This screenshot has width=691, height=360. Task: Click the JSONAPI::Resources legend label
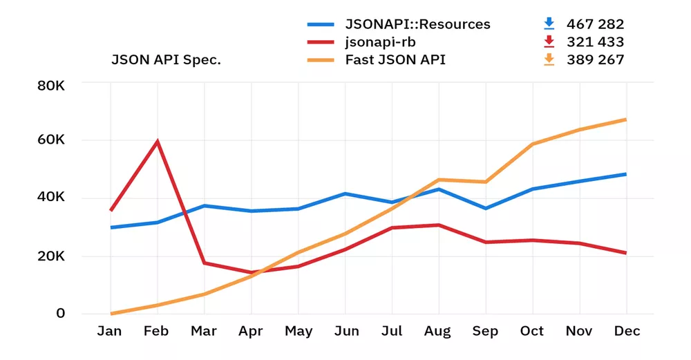click(x=417, y=24)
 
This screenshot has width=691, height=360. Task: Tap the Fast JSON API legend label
click(x=395, y=59)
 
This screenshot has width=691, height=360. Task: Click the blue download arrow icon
click(x=549, y=23)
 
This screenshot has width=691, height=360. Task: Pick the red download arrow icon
click(x=549, y=41)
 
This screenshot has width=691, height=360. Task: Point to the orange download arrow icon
click(x=549, y=59)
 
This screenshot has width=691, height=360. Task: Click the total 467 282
click(x=595, y=24)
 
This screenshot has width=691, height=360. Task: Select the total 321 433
click(x=595, y=42)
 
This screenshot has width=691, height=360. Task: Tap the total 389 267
click(x=595, y=59)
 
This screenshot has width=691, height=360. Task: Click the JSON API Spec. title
click(x=166, y=59)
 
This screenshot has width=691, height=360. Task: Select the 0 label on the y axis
click(x=60, y=313)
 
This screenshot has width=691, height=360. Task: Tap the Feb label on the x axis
click(x=157, y=332)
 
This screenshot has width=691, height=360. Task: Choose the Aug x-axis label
click(x=438, y=332)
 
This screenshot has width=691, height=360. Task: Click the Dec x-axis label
click(x=626, y=332)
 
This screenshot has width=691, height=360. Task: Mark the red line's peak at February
click(x=158, y=141)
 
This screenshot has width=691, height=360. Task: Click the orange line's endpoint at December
click(x=626, y=120)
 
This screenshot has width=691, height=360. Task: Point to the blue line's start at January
click(x=111, y=227)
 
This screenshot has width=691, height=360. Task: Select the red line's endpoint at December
click(x=626, y=254)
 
